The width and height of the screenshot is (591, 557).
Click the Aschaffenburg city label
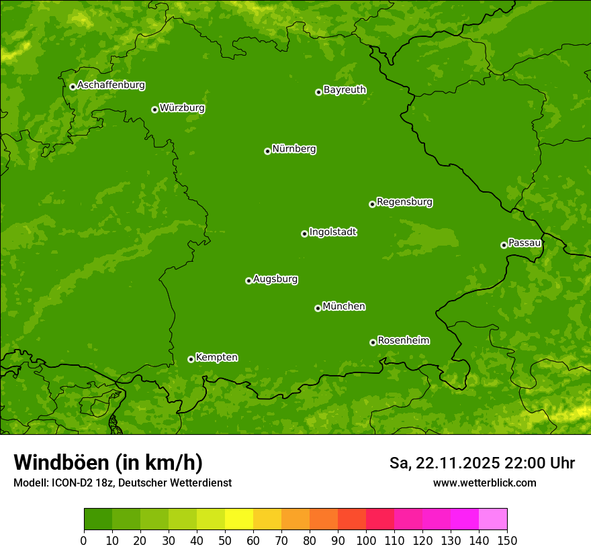point(111,85)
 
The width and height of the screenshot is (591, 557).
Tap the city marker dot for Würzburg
point(154,109)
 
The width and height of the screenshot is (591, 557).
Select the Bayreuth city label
point(345,90)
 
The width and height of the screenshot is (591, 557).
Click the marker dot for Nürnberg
point(267,151)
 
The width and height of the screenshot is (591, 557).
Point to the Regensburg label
point(404,202)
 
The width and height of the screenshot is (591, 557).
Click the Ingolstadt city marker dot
point(304,234)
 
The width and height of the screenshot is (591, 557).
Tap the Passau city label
point(525,243)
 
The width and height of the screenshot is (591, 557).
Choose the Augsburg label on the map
point(275,279)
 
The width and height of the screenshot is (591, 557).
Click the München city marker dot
point(318,308)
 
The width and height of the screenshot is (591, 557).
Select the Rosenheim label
point(404,341)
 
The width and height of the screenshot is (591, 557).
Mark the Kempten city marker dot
point(191,359)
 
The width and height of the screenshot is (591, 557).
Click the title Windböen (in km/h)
point(108,462)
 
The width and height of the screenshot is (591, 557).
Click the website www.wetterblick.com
point(485,483)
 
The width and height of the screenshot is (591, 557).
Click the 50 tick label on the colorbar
point(225,540)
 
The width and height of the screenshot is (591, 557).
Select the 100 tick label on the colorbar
point(366,540)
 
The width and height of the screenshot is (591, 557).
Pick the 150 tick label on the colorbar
point(507,540)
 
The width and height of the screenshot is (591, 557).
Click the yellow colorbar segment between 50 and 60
point(239,519)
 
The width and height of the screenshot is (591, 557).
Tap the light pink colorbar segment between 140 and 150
point(493,519)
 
